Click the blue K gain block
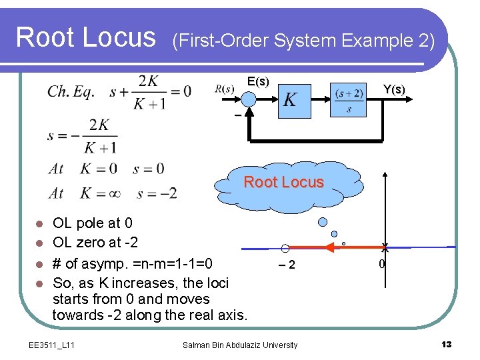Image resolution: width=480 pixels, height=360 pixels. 290,100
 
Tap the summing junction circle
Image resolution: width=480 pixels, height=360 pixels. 249,99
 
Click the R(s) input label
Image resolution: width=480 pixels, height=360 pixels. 225,89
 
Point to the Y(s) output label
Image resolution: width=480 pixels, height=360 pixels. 393,89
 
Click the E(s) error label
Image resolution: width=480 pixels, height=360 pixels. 258,81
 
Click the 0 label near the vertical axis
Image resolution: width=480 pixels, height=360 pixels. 381,265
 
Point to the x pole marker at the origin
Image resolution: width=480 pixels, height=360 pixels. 385,247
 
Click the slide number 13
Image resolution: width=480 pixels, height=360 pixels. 446,344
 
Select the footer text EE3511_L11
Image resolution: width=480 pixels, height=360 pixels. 52,345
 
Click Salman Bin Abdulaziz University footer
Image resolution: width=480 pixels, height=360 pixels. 240,345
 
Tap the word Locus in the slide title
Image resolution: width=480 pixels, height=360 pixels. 121,37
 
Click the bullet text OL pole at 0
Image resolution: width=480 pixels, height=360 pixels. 93,223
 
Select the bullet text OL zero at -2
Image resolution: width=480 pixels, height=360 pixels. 95,242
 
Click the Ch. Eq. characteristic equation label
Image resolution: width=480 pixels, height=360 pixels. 71,91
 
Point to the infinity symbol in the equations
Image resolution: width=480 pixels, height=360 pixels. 111,194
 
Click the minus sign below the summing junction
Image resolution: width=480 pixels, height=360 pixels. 238,116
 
